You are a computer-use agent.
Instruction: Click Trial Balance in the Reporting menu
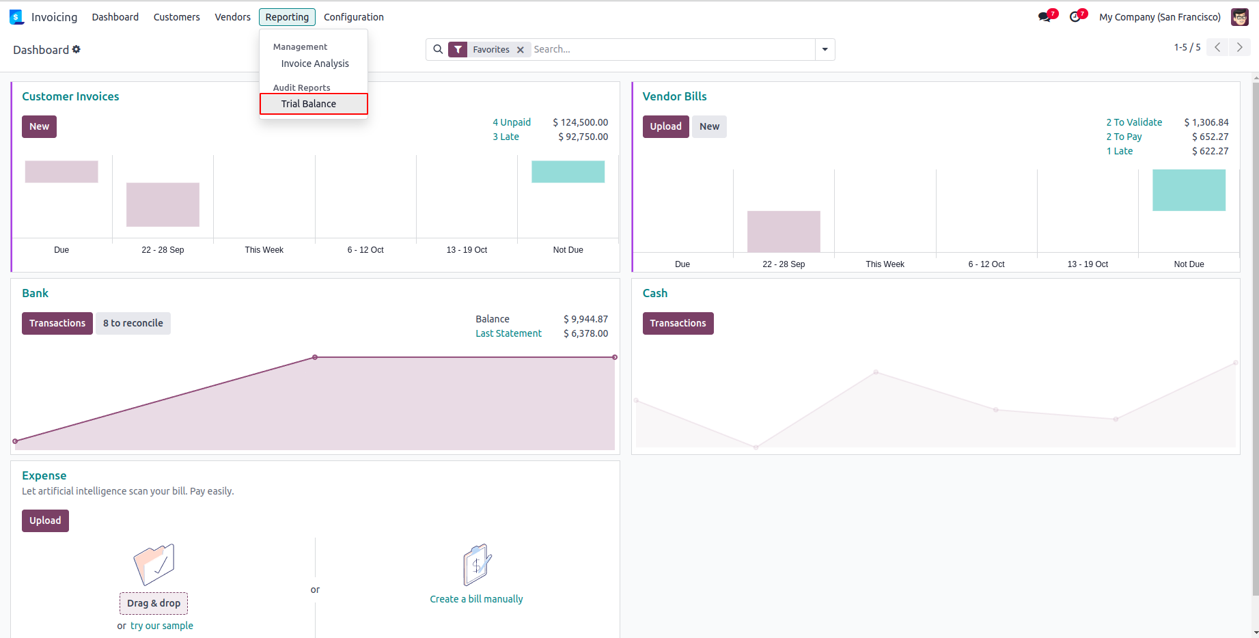click(309, 104)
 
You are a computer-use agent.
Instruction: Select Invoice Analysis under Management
click(315, 64)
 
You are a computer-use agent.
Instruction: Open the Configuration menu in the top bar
click(353, 17)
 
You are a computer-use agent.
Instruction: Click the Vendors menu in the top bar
click(232, 17)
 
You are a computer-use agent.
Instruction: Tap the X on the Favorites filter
click(521, 50)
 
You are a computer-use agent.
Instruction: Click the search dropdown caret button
click(825, 50)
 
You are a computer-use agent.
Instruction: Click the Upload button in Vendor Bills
click(665, 126)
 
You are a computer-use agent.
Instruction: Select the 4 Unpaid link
click(512, 122)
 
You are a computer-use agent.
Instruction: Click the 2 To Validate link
click(1134, 122)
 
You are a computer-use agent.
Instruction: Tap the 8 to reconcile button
click(133, 323)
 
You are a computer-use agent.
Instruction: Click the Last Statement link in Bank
click(508, 333)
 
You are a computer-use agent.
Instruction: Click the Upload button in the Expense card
click(45, 521)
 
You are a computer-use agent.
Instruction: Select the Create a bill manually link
click(476, 599)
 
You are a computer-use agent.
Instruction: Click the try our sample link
click(162, 626)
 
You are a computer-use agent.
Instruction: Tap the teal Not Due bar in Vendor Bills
click(1189, 190)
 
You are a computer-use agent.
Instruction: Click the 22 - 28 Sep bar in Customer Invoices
click(163, 204)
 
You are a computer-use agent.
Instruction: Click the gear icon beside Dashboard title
click(77, 49)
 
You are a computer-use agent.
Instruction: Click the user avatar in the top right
click(1240, 17)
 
